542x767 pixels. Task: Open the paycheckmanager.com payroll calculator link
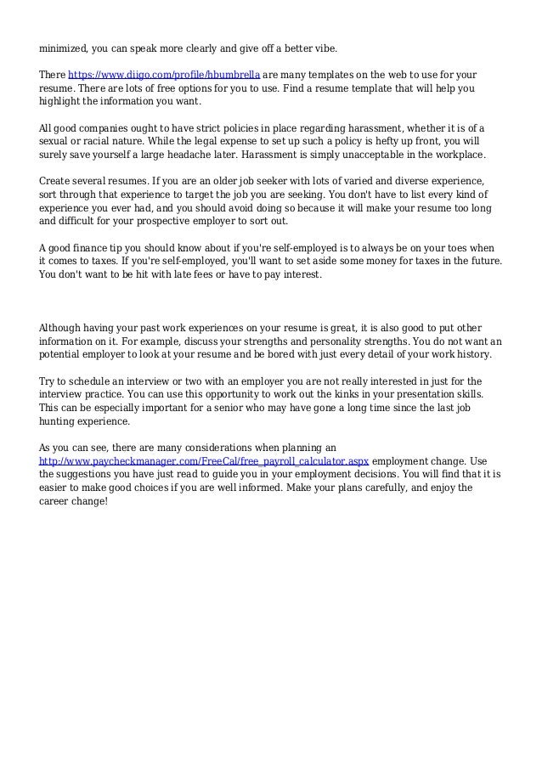(205, 460)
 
